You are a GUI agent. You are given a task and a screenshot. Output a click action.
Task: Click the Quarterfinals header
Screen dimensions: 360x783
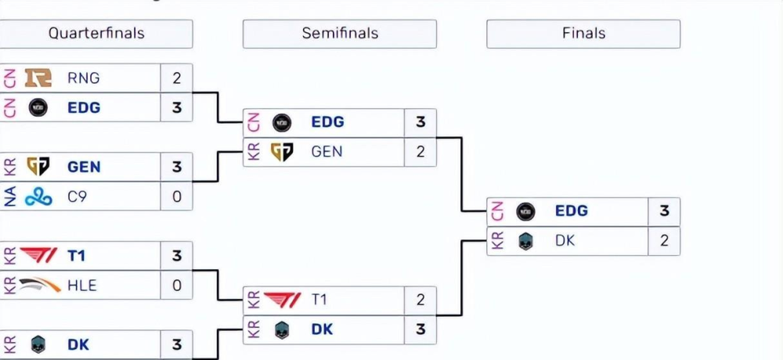click(96, 34)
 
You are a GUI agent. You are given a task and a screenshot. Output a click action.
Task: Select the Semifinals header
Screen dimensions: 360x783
click(340, 34)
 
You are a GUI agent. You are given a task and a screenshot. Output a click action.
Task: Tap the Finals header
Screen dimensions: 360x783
click(583, 34)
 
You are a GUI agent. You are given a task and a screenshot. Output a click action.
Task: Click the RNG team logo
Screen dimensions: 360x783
click(38, 77)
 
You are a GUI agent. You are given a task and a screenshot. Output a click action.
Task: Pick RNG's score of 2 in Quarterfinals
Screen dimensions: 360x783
click(176, 78)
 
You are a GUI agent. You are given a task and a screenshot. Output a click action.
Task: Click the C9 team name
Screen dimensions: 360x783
click(78, 196)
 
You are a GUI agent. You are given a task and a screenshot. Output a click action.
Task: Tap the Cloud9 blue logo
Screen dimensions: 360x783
click(38, 196)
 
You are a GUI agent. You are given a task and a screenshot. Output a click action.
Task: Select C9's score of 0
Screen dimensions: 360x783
click(176, 196)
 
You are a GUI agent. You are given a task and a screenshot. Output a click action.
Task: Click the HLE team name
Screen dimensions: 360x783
click(82, 286)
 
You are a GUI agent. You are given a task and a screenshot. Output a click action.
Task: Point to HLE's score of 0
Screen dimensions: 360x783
click(176, 286)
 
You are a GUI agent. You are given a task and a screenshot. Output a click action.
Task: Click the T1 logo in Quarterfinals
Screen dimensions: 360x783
click(38, 256)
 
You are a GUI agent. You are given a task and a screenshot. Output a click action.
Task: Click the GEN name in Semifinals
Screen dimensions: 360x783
click(327, 152)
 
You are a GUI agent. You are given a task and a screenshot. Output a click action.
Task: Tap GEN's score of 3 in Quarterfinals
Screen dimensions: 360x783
click(176, 167)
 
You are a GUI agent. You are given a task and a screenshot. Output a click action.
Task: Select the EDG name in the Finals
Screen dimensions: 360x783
click(572, 211)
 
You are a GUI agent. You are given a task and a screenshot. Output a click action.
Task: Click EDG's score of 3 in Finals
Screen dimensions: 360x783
click(664, 211)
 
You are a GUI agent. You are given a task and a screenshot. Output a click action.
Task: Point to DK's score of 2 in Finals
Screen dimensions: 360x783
click(664, 241)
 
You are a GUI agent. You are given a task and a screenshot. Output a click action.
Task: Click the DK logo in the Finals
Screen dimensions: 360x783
click(525, 241)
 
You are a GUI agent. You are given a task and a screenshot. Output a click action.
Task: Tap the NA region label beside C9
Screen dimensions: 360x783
click(10, 196)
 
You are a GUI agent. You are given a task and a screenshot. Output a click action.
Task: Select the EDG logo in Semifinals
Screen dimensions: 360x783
click(282, 122)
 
